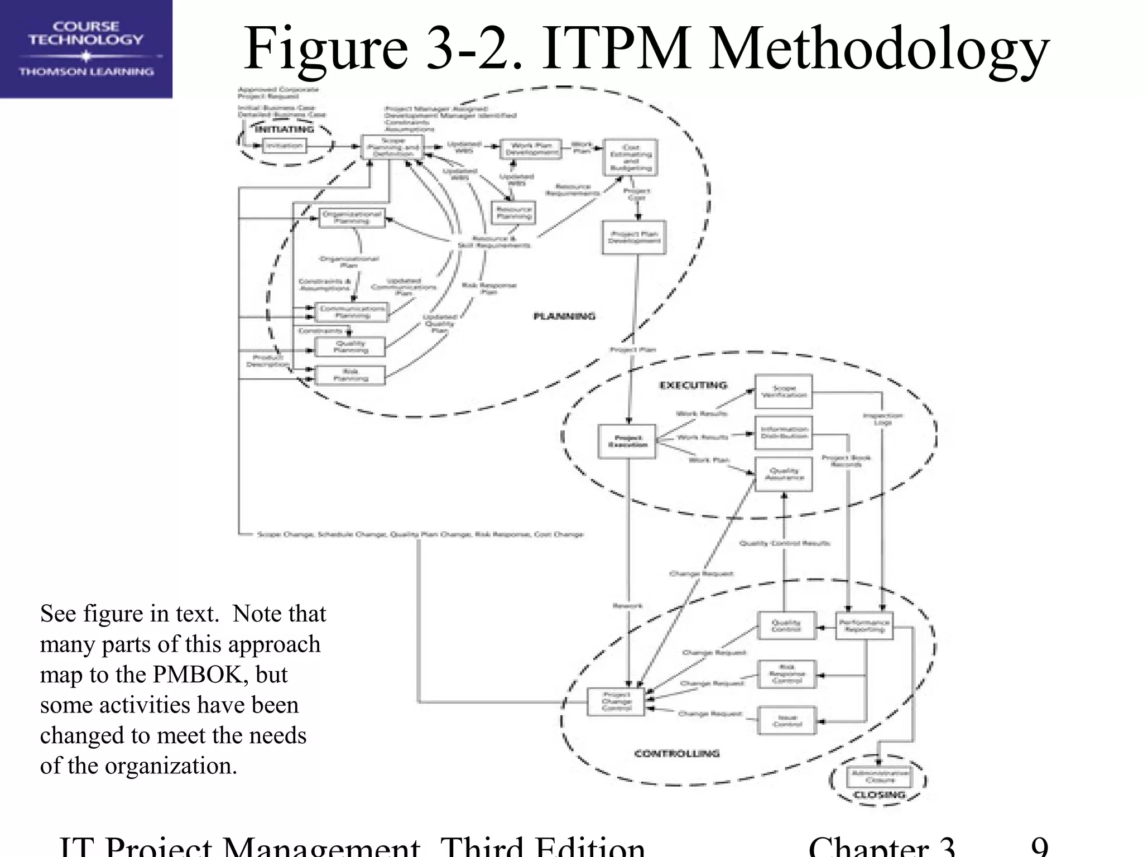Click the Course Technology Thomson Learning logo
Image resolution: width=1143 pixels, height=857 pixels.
pos(86,49)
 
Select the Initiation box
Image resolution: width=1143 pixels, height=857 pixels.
pos(284,146)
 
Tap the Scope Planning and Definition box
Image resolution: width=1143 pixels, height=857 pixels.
pos(393,147)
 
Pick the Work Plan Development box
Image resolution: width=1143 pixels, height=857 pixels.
pos(531,149)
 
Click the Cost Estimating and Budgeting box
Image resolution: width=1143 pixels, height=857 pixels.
pos(631,158)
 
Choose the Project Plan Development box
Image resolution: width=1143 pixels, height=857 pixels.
pos(634,238)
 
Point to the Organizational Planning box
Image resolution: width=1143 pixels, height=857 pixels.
pos(352,218)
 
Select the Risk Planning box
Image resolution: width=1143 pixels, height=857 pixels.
pos(350,375)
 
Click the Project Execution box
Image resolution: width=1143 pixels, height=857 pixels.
pos(627,441)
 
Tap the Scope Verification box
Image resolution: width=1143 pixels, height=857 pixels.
pos(784,392)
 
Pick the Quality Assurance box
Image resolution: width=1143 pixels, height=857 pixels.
pos(784,474)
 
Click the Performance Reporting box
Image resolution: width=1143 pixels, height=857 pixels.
pos(864,626)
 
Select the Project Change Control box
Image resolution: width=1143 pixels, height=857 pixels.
pos(616,701)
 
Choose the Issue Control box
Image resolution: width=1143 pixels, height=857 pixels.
pos(787,721)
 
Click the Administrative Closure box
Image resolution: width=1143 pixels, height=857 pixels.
pos(879,776)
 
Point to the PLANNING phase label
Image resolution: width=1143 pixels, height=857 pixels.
pos(564,316)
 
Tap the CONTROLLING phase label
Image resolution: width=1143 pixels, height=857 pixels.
pos(677,754)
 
